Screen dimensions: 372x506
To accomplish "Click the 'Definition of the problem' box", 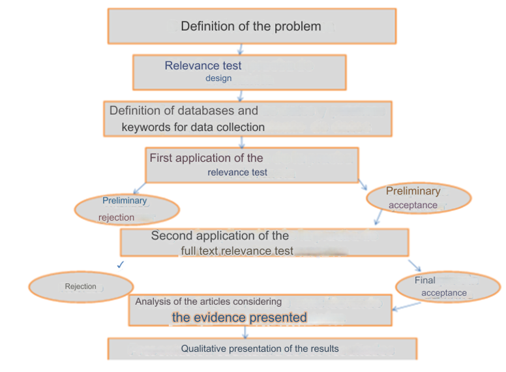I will [x=251, y=26].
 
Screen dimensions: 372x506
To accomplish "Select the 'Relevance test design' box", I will [x=239, y=72].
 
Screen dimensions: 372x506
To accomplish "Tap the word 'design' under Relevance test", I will [x=218, y=78].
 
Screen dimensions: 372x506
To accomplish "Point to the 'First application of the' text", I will [x=206, y=158].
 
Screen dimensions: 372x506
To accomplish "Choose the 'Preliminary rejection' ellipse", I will [x=126, y=209].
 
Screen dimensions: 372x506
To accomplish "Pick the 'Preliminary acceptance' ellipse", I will [x=419, y=198].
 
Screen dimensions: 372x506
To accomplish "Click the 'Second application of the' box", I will [x=264, y=242].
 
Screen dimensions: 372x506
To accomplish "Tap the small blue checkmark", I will [x=120, y=265].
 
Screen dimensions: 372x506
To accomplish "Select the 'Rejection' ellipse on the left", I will [x=81, y=287].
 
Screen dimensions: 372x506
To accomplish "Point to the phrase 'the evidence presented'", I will [x=239, y=318].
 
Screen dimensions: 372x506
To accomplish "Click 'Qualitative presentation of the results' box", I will [x=261, y=349].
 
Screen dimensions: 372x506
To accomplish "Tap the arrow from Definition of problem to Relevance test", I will [x=241, y=49].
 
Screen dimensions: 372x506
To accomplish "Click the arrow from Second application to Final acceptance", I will [x=415, y=264].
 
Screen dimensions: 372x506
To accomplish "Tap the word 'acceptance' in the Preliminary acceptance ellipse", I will [x=413, y=205].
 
